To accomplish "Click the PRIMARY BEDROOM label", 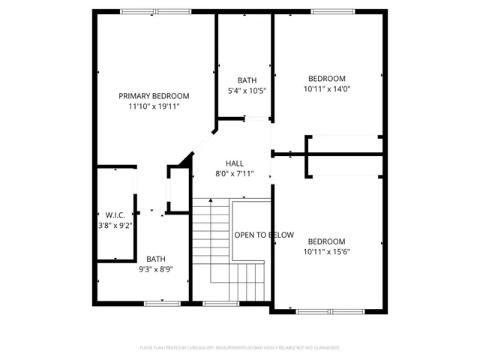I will click(x=154, y=96).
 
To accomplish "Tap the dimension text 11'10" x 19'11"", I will click(x=154, y=107).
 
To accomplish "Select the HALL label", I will click(x=234, y=163).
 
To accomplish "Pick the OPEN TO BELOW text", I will click(x=264, y=235).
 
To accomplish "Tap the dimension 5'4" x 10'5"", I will click(x=247, y=91).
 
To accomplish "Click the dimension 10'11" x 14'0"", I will click(x=327, y=89).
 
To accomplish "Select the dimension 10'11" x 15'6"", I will click(x=327, y=251).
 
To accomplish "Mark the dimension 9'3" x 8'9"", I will click(x=156, y=269).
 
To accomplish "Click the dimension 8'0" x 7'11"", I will click(x=234, y=174).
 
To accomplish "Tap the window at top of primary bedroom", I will click(x=144, y=11).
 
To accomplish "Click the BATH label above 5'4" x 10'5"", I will click(x=247, y=80).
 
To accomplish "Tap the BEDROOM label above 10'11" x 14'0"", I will click(x=327, y=79).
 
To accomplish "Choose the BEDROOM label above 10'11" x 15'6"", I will click(x=327, y=241).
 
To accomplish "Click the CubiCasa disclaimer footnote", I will click(x=240, y=348).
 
